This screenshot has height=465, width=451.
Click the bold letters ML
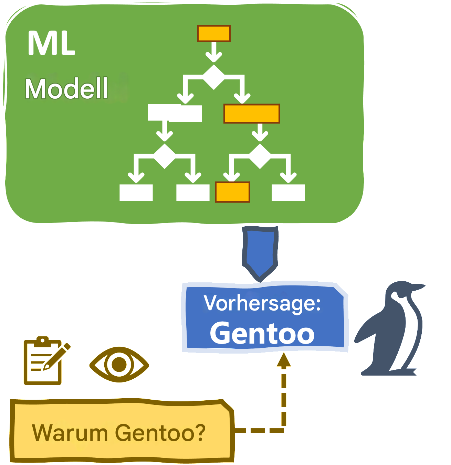coord(51,44)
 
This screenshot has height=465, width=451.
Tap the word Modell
coord(66,89)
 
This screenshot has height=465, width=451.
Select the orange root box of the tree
coord(213,34)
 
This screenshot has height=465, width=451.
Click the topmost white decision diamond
coord(214,77)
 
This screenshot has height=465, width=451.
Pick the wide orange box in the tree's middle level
coord(252,113)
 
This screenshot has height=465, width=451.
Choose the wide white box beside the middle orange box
coord(175,113)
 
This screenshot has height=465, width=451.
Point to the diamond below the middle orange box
coord(260,156)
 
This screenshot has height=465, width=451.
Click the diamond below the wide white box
coord(165,156)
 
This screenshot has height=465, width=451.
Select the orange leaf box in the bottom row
coord(232,192)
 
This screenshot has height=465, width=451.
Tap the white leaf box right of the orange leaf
coord(288,193)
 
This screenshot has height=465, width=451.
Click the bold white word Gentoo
coord(262,333)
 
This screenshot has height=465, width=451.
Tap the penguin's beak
coord(419,288)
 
